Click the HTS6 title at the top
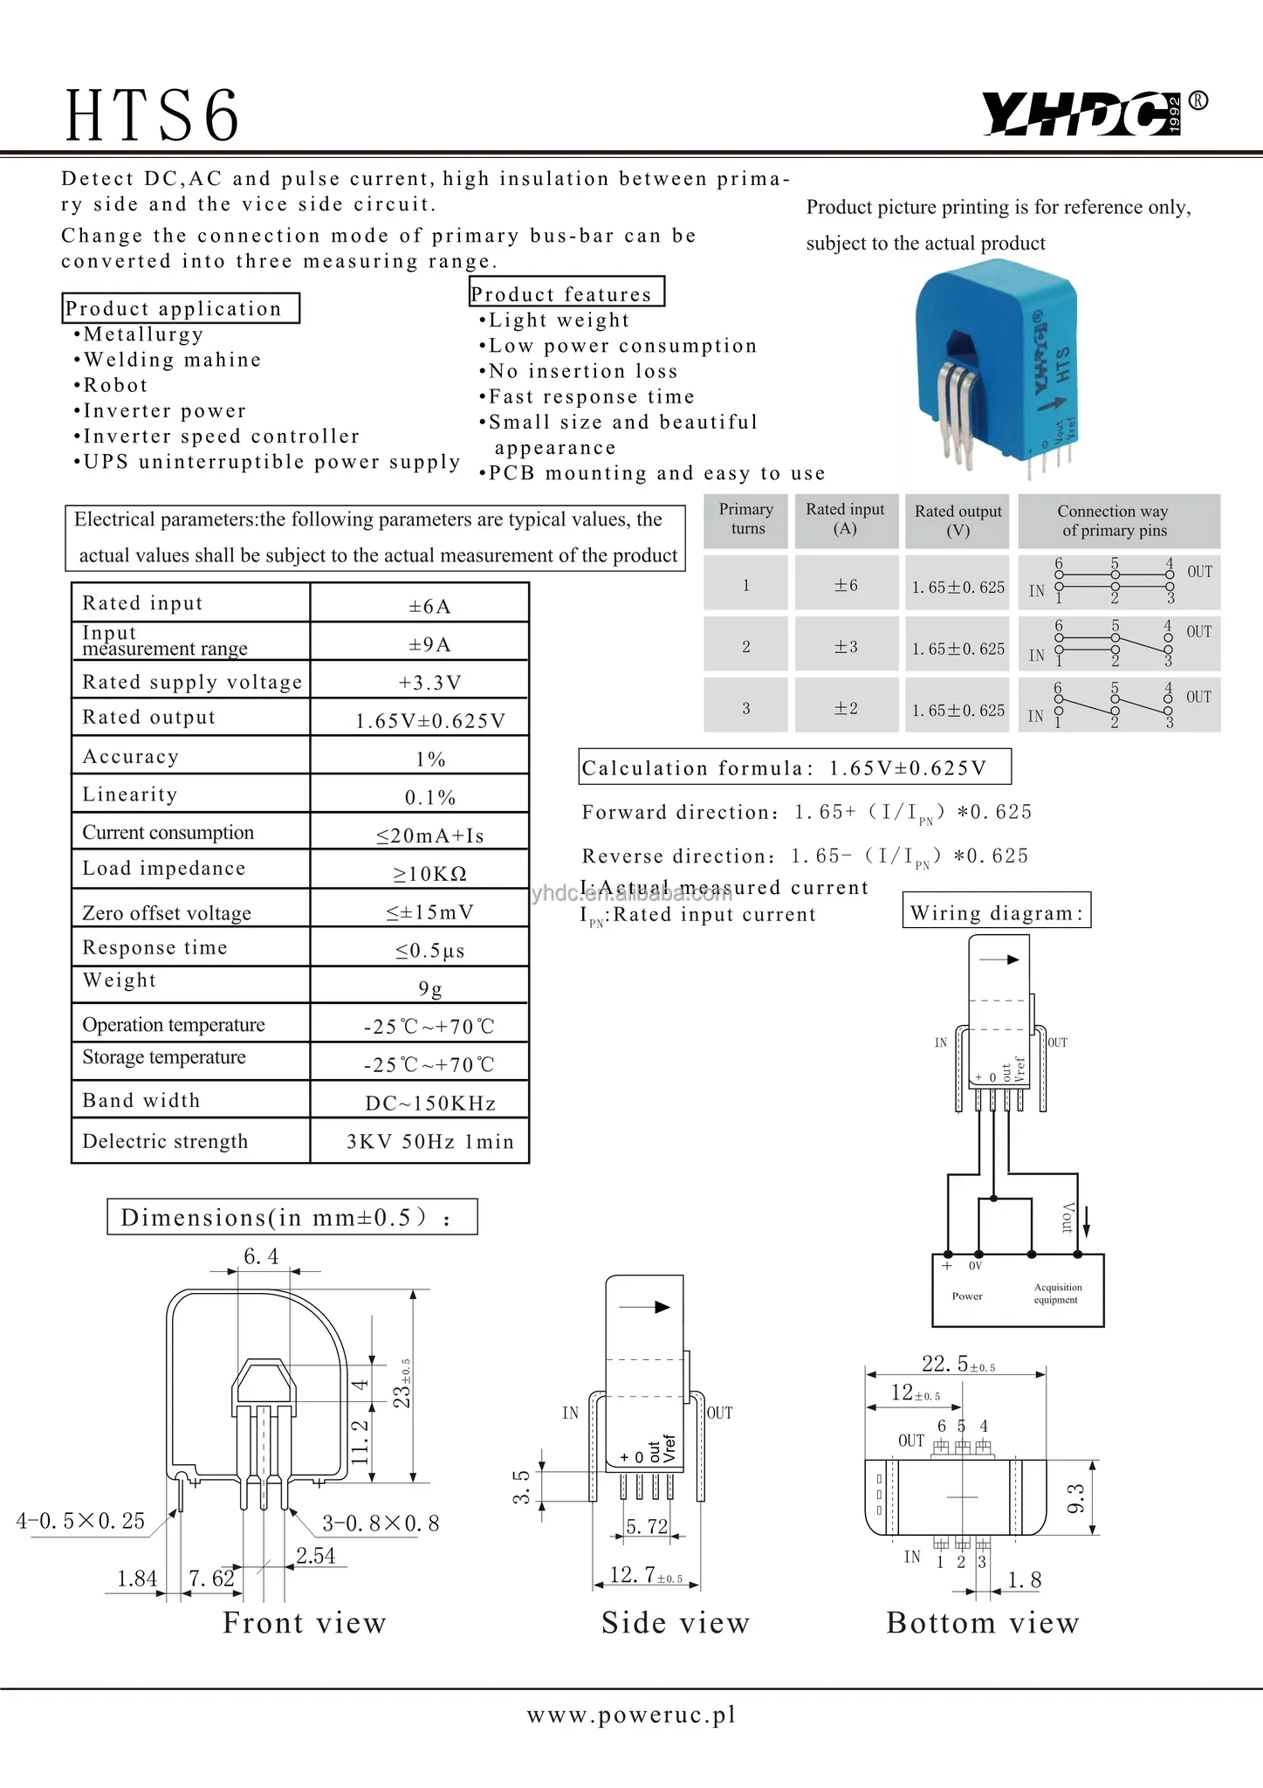[153, 115]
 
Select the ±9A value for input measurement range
[429, 644]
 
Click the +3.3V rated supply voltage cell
[429, 682]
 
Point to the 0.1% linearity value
[429, 797]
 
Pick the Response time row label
[154, 947]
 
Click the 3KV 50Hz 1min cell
[429, 1141]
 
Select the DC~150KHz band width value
[429, 1103]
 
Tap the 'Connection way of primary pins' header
[1113, 520]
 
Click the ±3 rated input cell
[845, 647]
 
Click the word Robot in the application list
[115, 385]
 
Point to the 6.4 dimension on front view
[261, 1255]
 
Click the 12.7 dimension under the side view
[635, 1574]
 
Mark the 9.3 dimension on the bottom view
[1076, 1498]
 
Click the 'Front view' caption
[304, 1622]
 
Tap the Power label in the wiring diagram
[967, 1296]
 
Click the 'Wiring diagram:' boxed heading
[996, 912]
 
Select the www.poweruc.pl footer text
[631, 1715]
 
